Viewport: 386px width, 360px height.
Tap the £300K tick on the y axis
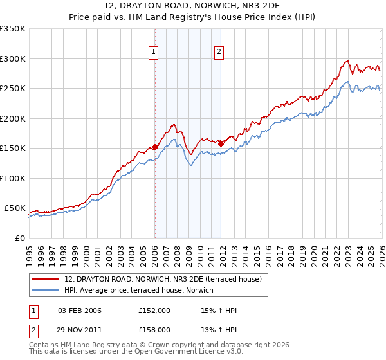[x=13, y=59]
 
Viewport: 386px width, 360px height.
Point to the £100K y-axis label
[x=13, y=178]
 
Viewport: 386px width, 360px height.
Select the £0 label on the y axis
[x=19, y=238]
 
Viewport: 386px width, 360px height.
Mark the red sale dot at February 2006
[x=155, y=147]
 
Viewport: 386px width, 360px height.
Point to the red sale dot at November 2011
[x=221, y=143]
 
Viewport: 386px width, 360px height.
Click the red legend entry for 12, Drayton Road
[x=163, y=280]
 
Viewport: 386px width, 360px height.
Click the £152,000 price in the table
[x=154, y=310]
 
